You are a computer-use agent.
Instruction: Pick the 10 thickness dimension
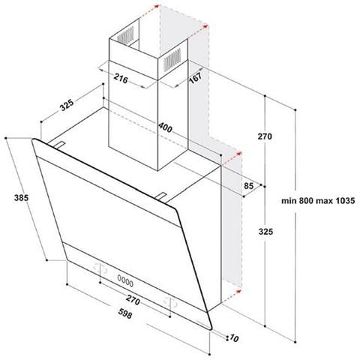[235, 337]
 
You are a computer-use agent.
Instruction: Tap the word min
[291, 200]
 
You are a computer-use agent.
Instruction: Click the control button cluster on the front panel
[125, 281]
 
